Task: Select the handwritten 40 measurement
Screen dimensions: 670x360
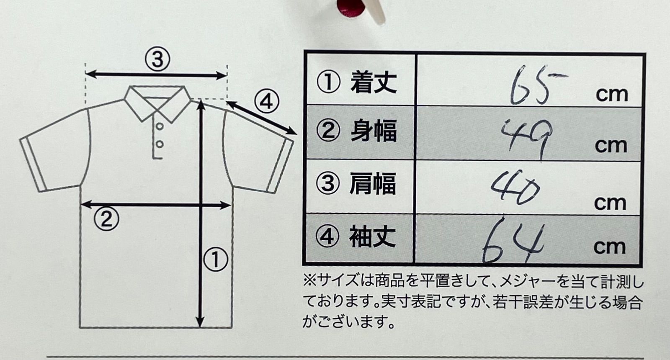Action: (x=515, y=188)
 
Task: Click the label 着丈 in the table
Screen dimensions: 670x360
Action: (x=374, y=82)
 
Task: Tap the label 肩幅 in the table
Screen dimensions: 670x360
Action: (x=373, y=183)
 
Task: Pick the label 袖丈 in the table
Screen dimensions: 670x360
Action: (x=372, y=237)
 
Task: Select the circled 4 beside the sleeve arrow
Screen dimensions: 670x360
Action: (x=267, y=102)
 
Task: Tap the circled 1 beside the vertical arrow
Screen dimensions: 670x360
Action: (x=216, y=259)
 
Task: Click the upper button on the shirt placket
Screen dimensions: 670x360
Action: (x=160, y=126)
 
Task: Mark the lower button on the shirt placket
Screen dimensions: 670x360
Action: (x=160, y=144)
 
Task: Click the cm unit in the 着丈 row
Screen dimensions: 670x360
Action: (x=612, y=95)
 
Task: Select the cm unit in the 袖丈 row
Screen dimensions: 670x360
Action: (x=610, y=247)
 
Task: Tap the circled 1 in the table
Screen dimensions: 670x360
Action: (x=328, y=82)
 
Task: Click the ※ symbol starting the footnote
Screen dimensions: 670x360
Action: (x=310, y=281)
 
